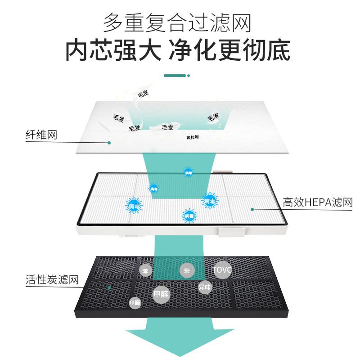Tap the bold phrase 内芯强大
(113, 50)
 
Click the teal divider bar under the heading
(175, 76)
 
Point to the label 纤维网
(41, 135)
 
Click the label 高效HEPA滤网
(318, 202)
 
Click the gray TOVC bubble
(222, 270)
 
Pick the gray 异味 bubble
(205, 287)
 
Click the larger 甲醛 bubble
(161, 294)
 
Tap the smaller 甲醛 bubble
(135, 303)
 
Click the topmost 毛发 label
(143, 94)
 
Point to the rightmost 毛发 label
(213, 117)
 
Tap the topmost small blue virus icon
(188, 172)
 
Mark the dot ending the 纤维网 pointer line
(109, 143)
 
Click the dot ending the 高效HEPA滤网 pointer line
(252, 209)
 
